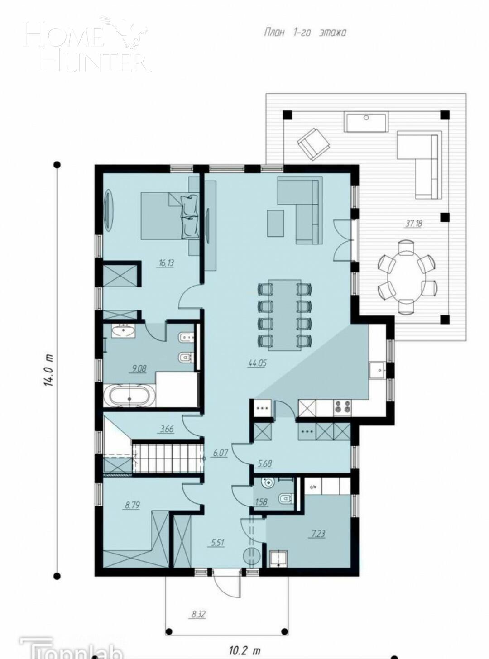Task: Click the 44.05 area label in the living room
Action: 257,362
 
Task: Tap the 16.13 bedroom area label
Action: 166,263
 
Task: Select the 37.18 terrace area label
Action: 414,223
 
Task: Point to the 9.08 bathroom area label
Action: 138,369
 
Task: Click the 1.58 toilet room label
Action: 261,501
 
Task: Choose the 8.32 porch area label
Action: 198,614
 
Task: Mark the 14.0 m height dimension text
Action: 49,369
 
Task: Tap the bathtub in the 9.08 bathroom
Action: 130,396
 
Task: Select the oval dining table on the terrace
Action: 407,277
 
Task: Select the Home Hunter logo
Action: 86,45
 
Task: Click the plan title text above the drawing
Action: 305,33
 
